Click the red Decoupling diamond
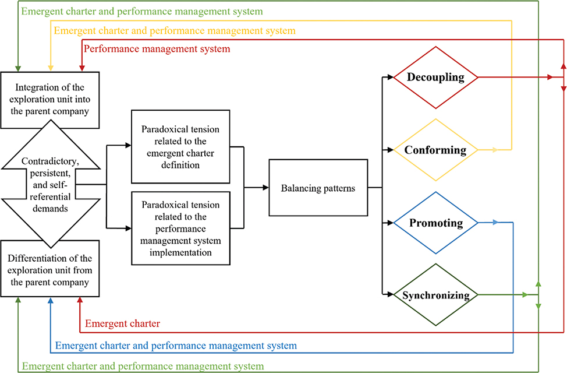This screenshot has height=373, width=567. (x=435, y=78)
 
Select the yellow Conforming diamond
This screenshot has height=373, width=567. (x=435, y=150)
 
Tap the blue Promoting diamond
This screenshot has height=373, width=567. (x=435, y=223)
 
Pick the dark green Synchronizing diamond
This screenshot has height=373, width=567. (x=435, y=295)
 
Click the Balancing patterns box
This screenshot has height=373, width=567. (x=318, y=188)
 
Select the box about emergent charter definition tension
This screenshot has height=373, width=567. (x=180, y=145)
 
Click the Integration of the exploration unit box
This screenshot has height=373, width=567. (x=51, y=100)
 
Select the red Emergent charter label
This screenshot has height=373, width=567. (x=122, y=323)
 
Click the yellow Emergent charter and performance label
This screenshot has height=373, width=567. (x=175, y=30)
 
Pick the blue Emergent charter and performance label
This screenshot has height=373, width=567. (x=176, y=346)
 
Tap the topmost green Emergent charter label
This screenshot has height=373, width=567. (x=141, y=11)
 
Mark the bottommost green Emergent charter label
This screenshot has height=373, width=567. (x=143, y=367)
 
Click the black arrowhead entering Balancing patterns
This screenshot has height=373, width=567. (x=265, y=188)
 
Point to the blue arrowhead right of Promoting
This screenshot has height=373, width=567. (x=495, y=222)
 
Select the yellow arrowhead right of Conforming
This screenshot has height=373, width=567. (x=495, y=150)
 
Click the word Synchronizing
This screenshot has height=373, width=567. (x=435, y=295)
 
